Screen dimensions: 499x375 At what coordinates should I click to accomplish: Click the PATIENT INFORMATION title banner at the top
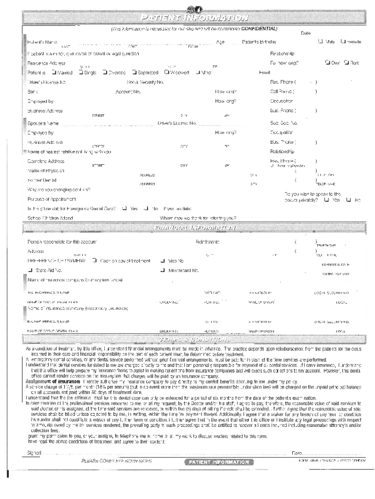tap(193, 19)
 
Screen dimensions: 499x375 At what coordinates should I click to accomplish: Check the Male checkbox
tap(320, 42)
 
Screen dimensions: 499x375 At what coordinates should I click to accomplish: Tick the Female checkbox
tap(343, 42)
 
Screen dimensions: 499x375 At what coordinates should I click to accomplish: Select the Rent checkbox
tap(347, 62)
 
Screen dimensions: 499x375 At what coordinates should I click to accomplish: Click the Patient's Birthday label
tap(259, 42)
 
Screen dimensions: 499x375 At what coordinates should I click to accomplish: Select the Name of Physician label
tap(46, 171)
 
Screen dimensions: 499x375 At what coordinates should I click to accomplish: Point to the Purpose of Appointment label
tap(52, 199)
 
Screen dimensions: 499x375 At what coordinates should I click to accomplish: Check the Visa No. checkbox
tap(163, 260)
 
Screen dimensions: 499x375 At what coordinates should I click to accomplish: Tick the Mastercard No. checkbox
tap(163, 270)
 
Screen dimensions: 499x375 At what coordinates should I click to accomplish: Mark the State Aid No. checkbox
tap(30, 270)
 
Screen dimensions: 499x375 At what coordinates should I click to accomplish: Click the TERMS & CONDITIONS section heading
tap(194, 339)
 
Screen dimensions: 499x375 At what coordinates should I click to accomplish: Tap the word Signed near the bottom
tap(34, 452)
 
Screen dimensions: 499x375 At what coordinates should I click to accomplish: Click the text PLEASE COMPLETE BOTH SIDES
tap(116, 461)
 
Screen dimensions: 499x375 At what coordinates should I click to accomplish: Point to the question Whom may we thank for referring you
tap(198, 217)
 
